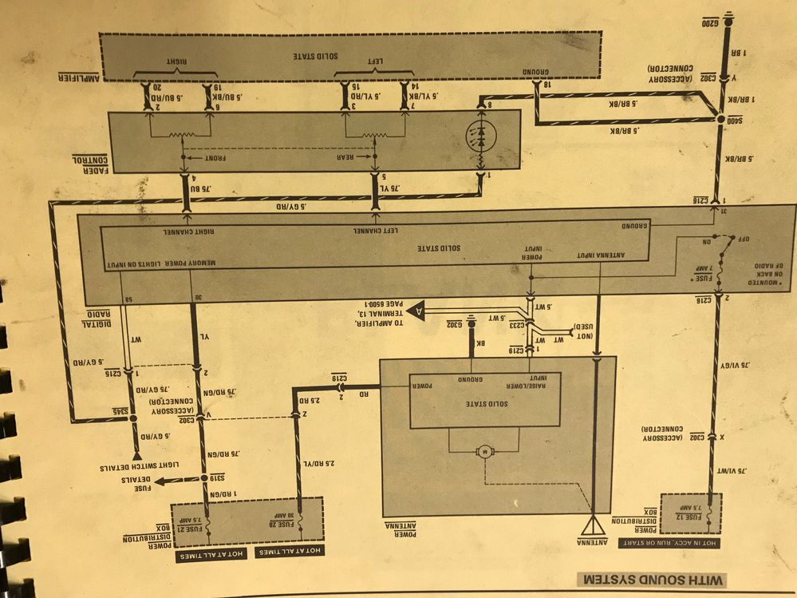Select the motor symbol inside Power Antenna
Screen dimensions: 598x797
coord(484,453)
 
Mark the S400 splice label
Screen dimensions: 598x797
coord(728,120)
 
